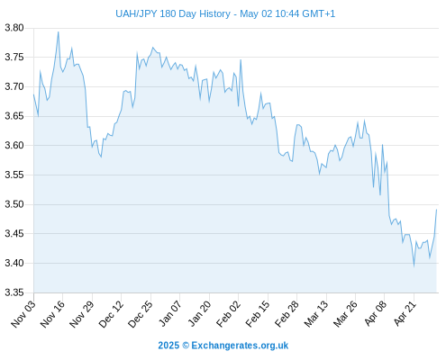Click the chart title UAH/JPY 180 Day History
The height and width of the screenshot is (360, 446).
173,13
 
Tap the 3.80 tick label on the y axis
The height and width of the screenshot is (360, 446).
14,28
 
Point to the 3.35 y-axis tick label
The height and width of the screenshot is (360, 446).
14,292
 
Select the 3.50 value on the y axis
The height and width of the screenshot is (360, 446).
14,204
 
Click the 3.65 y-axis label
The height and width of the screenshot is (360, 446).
14,116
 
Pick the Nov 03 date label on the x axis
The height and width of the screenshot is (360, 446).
23,313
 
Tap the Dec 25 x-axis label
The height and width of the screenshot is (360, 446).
141,313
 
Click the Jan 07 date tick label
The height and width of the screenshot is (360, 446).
170,313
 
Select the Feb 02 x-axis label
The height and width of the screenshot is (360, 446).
229,313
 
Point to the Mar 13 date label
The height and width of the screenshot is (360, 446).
316,313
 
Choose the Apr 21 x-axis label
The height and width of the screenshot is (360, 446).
405,313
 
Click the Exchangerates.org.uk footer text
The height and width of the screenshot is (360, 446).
240,346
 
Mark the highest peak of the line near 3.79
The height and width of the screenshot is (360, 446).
59,31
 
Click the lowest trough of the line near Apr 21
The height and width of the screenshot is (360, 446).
414,266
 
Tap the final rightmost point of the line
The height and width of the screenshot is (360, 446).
436,210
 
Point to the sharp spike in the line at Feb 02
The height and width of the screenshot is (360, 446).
241,59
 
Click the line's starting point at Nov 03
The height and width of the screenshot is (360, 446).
33,94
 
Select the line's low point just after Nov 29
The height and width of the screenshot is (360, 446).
101,157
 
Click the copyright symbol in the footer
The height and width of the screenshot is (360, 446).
186,346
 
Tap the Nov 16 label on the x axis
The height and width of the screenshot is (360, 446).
52,313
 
